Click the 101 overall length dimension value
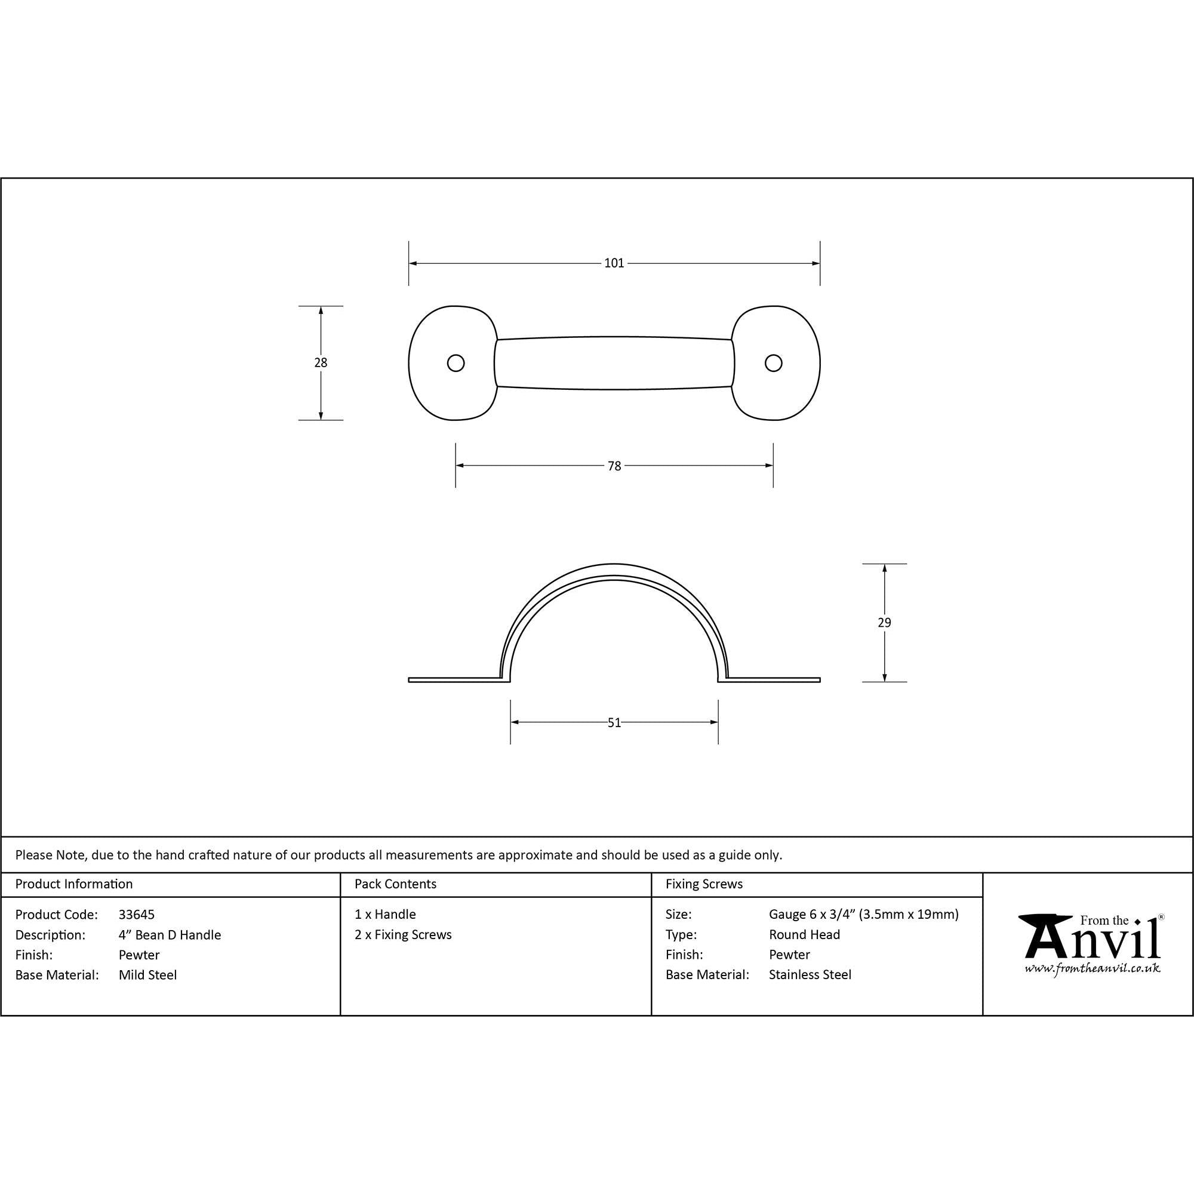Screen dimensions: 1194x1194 (614, 263)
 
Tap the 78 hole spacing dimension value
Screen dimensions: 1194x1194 (614, 466)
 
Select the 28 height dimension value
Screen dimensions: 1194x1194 (320, 363)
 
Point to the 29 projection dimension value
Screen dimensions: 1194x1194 (884, 622)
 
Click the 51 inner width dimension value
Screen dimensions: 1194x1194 (614, 722)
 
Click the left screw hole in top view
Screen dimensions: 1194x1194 (456, 363)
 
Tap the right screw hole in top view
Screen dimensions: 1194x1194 (773, 363)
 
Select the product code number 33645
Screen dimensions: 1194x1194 (137, 915)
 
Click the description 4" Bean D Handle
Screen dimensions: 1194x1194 (170, 935)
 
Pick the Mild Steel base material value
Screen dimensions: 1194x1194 (147, 975)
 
